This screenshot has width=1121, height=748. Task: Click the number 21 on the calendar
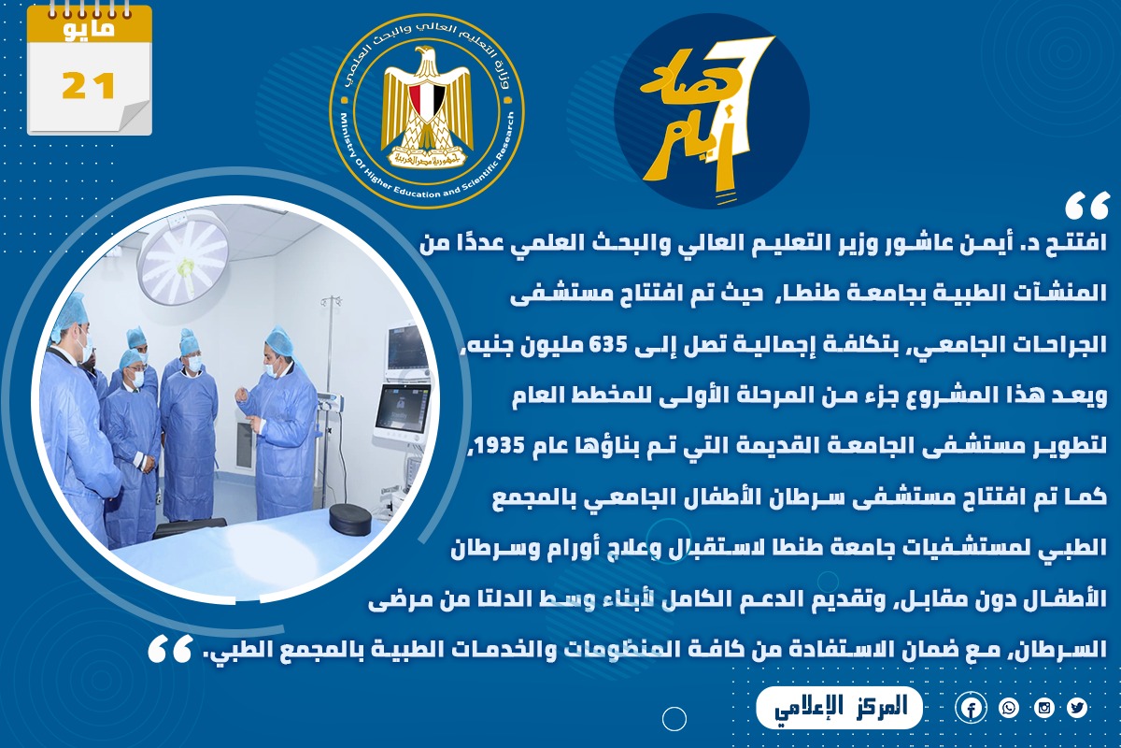[89, 86]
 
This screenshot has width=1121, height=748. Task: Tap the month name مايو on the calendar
[89, 29]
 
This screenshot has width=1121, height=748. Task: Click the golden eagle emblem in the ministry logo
[427, 107]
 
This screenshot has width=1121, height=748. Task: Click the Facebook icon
[971, 708]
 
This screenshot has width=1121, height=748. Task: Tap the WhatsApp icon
[1008, 708]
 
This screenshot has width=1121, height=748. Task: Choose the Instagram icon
[1044, 708]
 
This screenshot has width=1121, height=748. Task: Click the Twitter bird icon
[1077, 708]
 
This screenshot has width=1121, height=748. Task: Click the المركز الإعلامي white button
[839, 708]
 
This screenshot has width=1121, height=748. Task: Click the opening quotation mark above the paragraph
[1087, 207]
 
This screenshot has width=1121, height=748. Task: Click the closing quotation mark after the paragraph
[170, 649]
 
